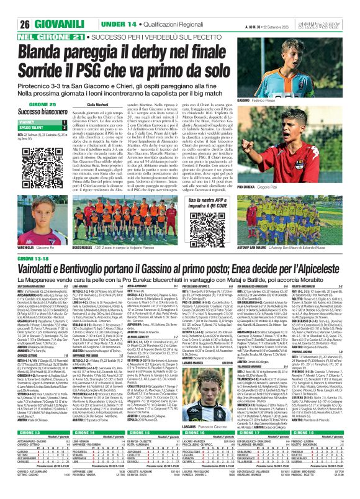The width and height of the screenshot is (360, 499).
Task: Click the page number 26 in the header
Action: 10,6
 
